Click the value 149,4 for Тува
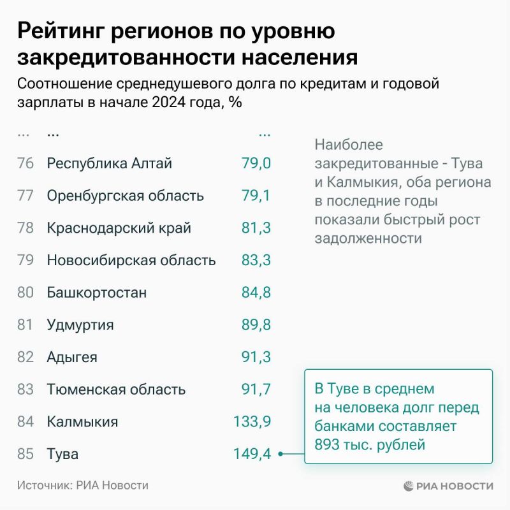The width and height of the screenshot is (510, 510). click(x=252, y=454)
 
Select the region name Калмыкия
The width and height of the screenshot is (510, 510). click(x=82, y=421)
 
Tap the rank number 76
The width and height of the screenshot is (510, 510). click(x=25, y=163)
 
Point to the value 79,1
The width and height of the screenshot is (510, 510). click(x=256, y=195)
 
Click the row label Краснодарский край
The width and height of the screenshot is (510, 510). click(x=119, y=228)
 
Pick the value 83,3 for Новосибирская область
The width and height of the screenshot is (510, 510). click(x=256, y=260)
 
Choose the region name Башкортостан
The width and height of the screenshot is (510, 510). click(x=97, y=293)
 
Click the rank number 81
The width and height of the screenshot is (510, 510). click(x=25, y=325)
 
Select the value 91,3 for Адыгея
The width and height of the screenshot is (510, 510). click(x=256, y=357)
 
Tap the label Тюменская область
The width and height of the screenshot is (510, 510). click(x=116, y=390)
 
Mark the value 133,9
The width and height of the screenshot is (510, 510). click(x=252, y=421)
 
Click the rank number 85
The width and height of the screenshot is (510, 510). click(x=25, y=454)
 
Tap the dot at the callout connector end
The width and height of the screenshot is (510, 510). click(x=281, y=454)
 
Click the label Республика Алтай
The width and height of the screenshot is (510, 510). click(x=110, y=163)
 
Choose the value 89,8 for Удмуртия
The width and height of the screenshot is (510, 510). click(x=256, y=325)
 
